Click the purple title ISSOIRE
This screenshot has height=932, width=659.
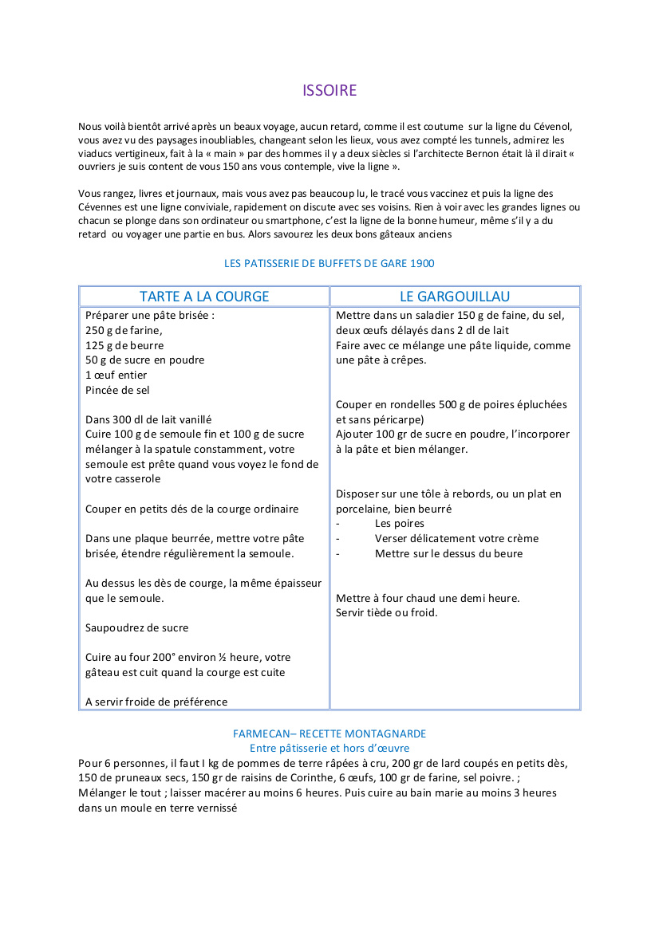pos(329,90)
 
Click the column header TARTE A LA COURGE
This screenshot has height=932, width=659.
pos(204,297)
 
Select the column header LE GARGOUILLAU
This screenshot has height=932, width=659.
pos(455,297)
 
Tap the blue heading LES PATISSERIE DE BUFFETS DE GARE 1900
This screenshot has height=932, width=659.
pos(329,263)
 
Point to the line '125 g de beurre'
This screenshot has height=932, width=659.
pos(124,345)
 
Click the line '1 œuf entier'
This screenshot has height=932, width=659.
pos(116,376)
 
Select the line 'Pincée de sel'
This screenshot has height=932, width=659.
pos(117,390)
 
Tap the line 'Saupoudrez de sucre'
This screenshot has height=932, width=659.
pos(137,627)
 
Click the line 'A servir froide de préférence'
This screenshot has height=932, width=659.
pos(156,702)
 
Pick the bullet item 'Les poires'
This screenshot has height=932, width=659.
pos(399,524)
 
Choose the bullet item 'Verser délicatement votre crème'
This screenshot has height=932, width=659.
pos(456,538)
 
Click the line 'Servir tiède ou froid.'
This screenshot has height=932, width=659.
pos(387,612)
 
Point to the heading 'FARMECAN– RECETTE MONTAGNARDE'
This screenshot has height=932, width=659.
pos(329,733)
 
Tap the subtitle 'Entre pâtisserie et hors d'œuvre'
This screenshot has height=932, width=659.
pos(329,748)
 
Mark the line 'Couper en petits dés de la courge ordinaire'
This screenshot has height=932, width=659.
pos(192,509)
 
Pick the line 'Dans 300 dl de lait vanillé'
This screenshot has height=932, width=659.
pos(148,419)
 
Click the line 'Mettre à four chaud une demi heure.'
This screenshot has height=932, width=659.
pos(428,598)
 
